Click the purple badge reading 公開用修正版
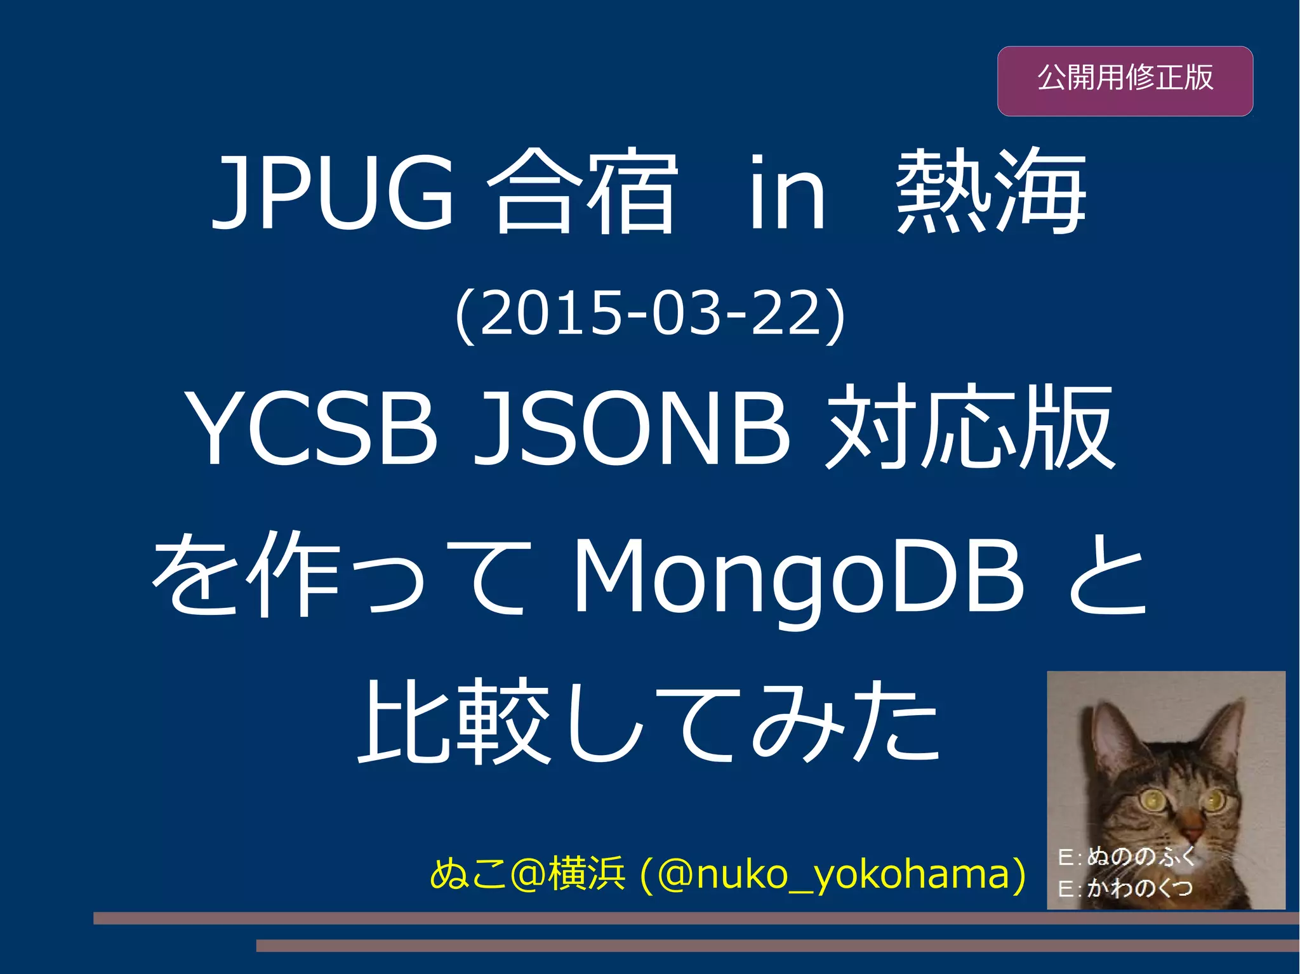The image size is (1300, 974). pyautogui.click(x=1125, y=81)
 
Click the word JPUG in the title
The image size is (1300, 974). pyautogui.click(x=333, y=193)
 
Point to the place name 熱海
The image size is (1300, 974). pyautogui.click(x=991, y=193)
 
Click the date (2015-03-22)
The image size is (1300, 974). pyautogui.click(x=650, y=313)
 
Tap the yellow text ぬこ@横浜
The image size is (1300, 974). pyautogui.click(x=527, y=874)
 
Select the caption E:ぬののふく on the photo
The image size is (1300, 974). pyautogui.click(x=1127, y=857)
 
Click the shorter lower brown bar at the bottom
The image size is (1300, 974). pyautogui.click(x=778, y=946)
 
